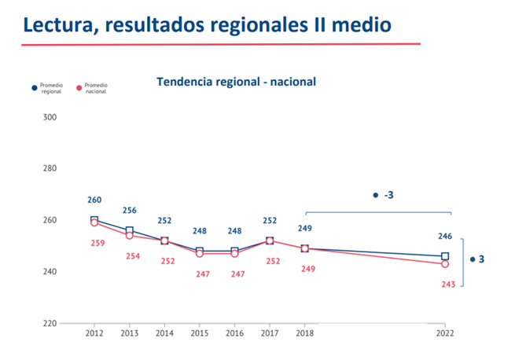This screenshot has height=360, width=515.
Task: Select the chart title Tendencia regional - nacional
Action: tap(236, 81)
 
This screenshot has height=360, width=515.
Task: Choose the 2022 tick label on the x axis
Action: tap(445, 332)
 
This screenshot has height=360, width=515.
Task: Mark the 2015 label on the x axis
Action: tap(199, 332)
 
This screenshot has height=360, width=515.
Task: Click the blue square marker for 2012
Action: tap(94, 220)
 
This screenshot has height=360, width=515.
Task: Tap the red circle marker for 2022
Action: tap(445, 264)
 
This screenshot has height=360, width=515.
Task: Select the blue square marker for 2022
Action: tap(445, 256)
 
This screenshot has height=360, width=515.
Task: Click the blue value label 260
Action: tap(94, 200)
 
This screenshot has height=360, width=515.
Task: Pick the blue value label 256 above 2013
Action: tap(130, 210)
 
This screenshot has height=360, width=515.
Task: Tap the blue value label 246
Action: tap(445, 236)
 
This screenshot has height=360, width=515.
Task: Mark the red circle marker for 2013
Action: tap(130, 235)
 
